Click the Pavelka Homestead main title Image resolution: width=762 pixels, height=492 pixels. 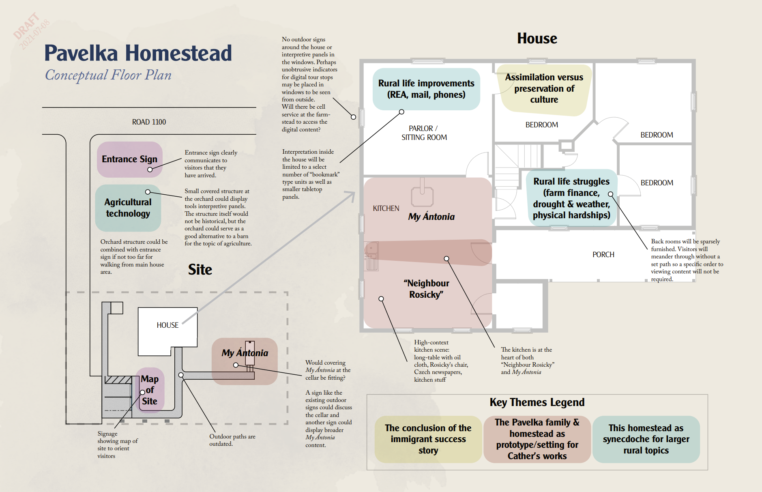coord(138,53)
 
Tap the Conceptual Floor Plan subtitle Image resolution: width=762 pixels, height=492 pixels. coord(108,75)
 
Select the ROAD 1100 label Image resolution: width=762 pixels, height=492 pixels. coord(149,122)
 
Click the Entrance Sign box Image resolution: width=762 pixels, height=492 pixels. coord(130,159)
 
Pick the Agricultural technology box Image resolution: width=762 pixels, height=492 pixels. coord(128,208)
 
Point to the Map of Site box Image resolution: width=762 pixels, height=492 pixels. coord(150,390)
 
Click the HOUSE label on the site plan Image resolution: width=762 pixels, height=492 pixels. coord(167,325)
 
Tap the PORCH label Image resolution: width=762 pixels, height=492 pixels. coord(603,255)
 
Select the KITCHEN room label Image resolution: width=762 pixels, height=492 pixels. coord(386,208)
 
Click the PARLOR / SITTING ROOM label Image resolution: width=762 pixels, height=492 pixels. coord(424,133)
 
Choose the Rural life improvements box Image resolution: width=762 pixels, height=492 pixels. coord(426,89)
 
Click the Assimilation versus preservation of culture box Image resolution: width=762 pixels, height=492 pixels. coord(544,89)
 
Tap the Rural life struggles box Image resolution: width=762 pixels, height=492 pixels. coord(571,198)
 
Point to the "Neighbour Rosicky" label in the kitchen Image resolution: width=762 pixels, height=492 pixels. coord(426,289)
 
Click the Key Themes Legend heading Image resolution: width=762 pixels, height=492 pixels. coord(537,402)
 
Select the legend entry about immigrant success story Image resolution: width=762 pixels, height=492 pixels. coord(428,439)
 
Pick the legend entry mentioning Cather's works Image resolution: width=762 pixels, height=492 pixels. coord(537,439)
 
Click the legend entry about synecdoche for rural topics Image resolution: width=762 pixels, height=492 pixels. coord(646,439)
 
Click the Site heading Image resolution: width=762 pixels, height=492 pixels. coord(200,270)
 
